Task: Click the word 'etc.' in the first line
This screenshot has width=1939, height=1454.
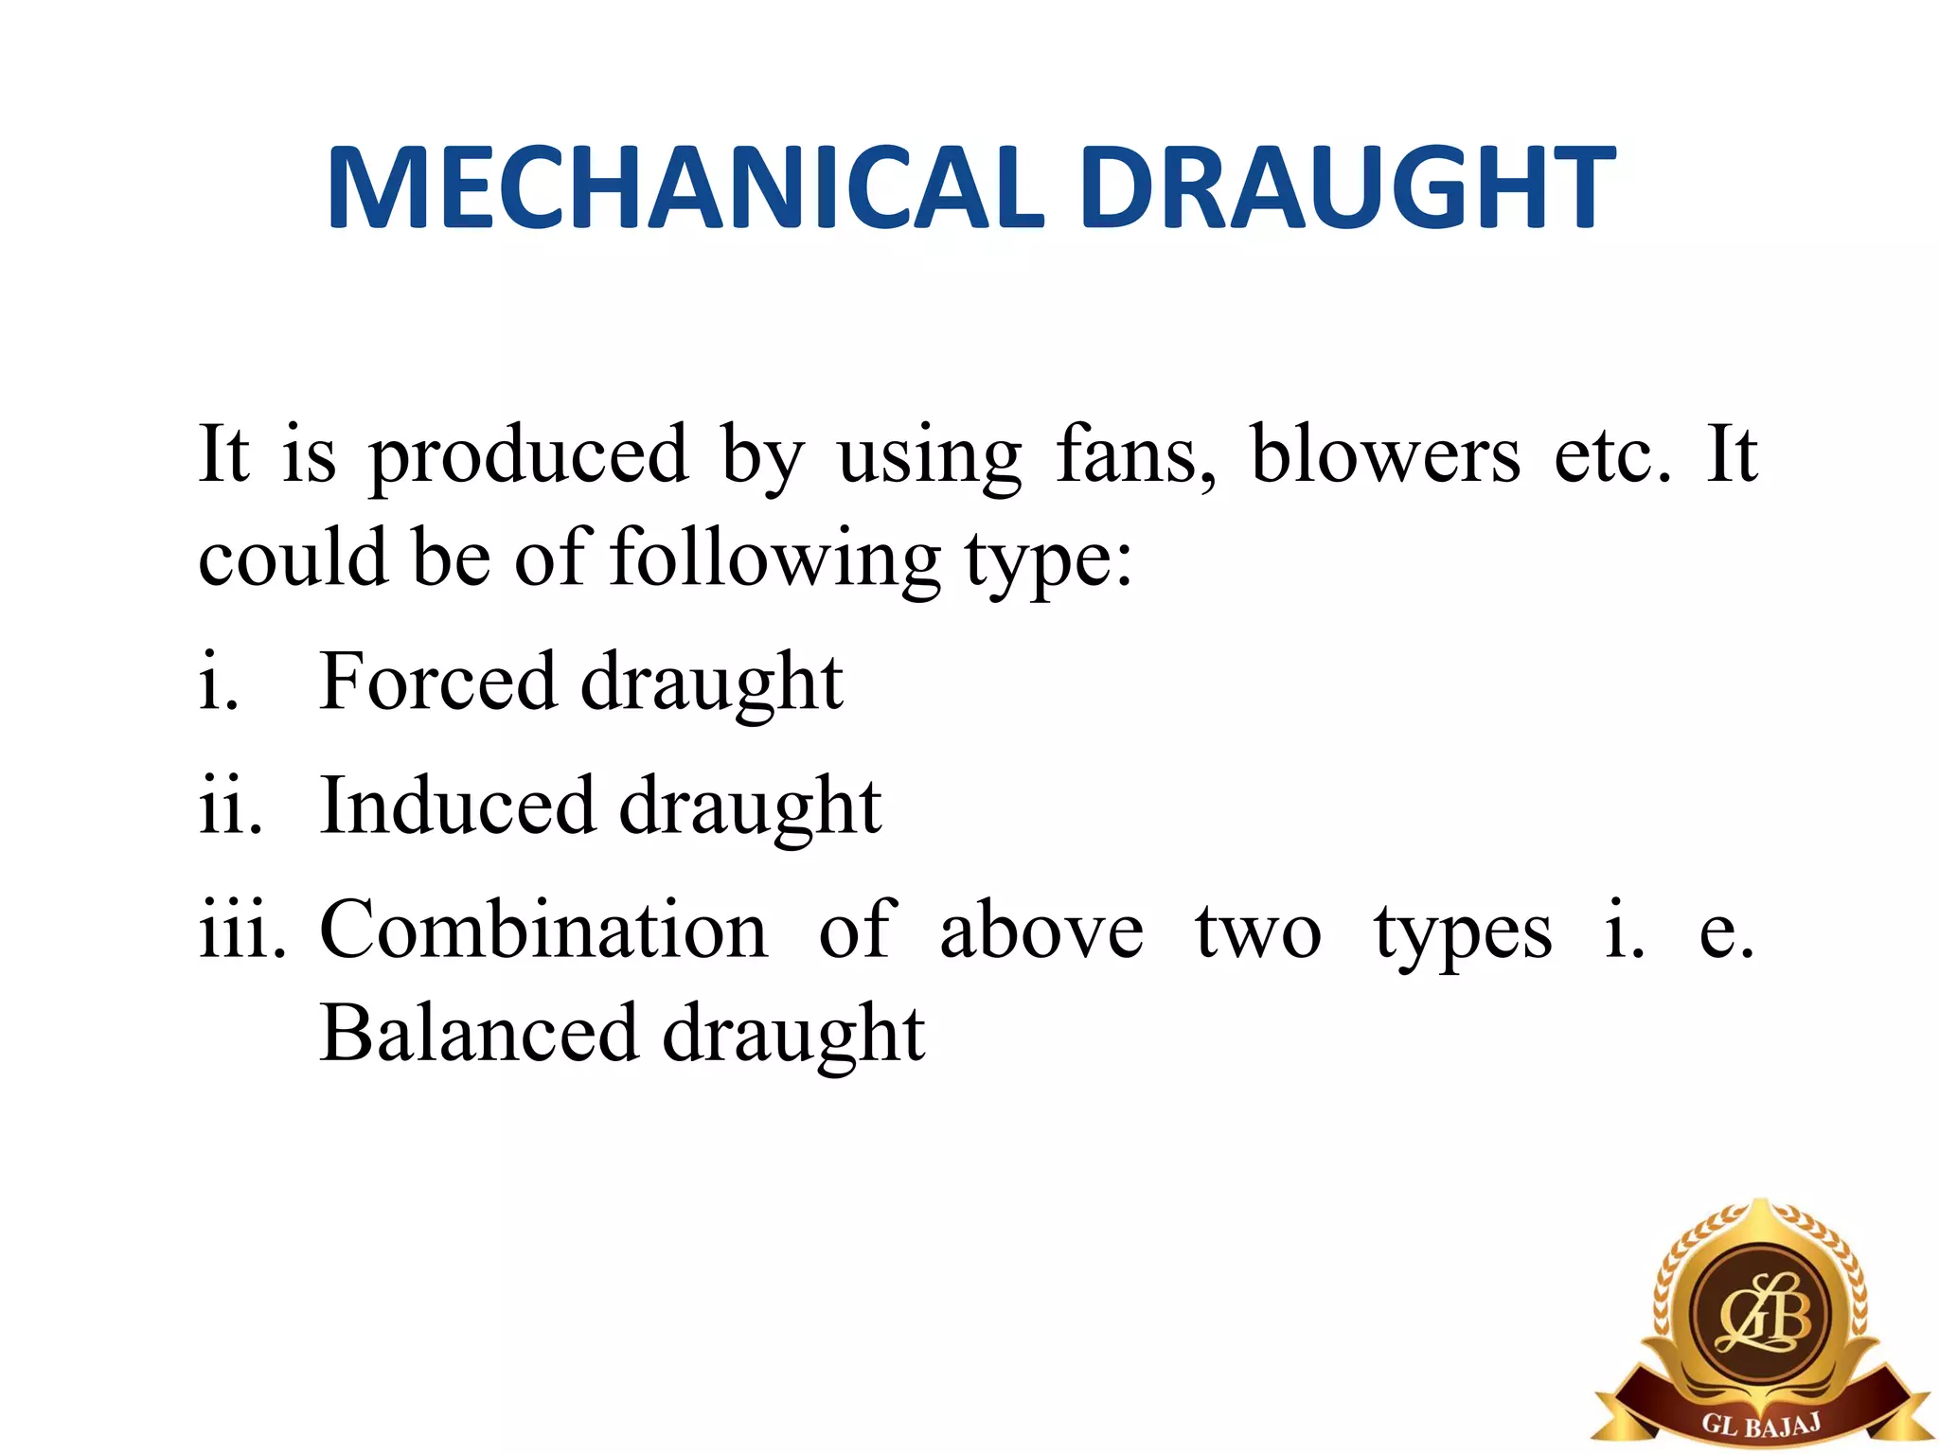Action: coord(1612,456)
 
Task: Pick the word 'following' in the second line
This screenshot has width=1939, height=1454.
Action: coord(775,560)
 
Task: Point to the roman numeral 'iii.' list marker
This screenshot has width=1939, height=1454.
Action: coord(242,931)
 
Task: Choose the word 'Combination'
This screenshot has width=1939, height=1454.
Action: coord(544,931)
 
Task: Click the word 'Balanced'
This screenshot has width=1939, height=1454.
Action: coord(478,1034)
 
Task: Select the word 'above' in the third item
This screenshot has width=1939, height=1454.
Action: coord(1041,931)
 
